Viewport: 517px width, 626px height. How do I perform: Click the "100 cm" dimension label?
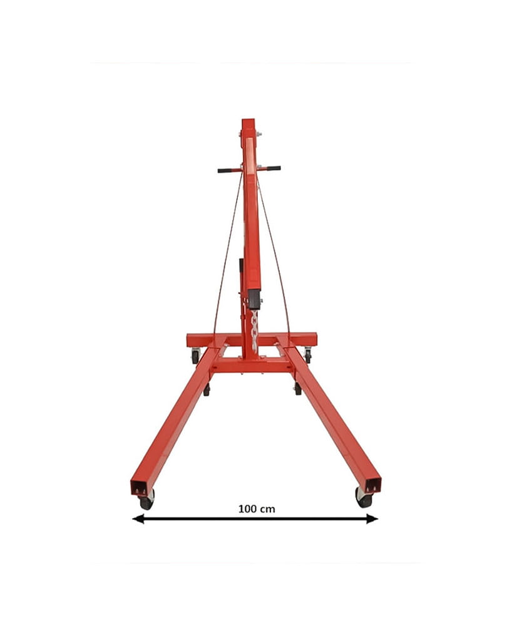point(256,509)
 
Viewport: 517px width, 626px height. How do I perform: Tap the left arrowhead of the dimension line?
point(138,519)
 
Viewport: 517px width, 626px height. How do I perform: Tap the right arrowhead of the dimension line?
point(372,519)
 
